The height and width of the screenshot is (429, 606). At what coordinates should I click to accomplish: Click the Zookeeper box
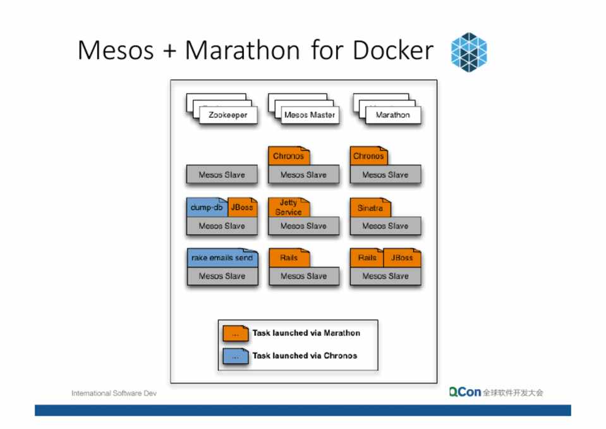click(227, 115)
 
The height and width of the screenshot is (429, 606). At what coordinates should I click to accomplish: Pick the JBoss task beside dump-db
click(242, 208)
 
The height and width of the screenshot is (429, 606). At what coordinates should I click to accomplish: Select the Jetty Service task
click(289, 208)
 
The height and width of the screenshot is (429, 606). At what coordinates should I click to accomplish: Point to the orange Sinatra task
click(370, 208)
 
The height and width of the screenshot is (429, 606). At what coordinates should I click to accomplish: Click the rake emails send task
click(222, 258)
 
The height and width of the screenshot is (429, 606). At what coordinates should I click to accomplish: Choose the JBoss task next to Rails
click(402, 258)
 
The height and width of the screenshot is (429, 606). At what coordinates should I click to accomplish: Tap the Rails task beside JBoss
click(367, 258)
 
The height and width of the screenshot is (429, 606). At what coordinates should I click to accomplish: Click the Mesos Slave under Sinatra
click(385, 226)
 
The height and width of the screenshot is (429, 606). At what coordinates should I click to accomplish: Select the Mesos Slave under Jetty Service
click(303, 226)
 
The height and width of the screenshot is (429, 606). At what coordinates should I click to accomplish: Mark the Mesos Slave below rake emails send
click(222, 277)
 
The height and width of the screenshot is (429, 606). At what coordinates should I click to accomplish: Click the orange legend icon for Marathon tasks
click(235, 333)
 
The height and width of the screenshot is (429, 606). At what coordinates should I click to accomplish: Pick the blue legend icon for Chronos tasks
click(235, 356)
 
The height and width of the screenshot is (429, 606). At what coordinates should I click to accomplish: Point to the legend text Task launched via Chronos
click(305, 356)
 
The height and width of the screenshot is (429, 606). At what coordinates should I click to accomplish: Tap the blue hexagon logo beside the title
click(469, 52)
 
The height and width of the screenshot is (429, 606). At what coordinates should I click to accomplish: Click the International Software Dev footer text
click(114, 394)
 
